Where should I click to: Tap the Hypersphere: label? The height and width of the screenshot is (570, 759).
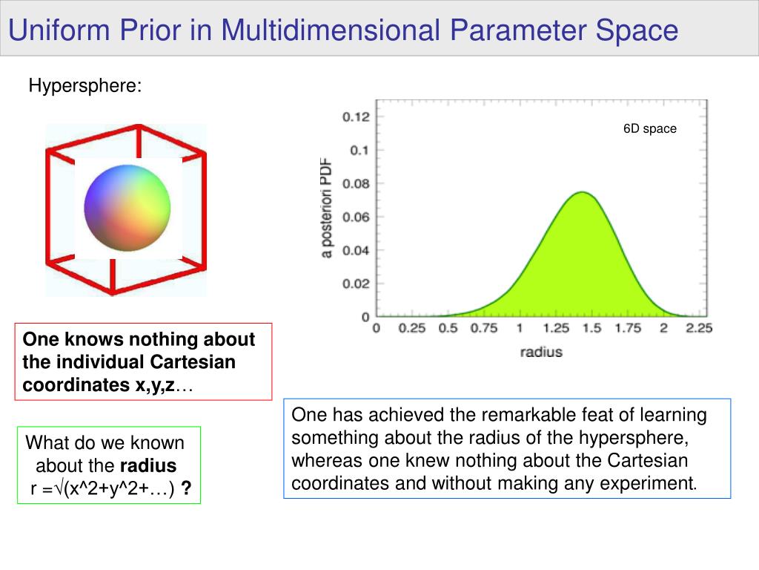tap(85, 86)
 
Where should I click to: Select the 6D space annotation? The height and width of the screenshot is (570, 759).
tap(649, 128)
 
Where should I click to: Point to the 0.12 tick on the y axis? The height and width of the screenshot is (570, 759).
tap(356, 117)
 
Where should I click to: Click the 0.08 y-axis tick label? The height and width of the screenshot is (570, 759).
tap(356, 183)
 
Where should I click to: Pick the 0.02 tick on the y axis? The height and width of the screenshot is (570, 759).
tap(356, 284)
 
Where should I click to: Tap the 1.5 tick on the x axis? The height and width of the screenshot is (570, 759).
tap(591, 329)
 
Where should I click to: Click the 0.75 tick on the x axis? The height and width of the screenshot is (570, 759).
tap(483, 329)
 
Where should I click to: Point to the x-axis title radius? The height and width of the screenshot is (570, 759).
tap(541, 352)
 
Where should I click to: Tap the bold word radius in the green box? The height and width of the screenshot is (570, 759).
tap(148, 466)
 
